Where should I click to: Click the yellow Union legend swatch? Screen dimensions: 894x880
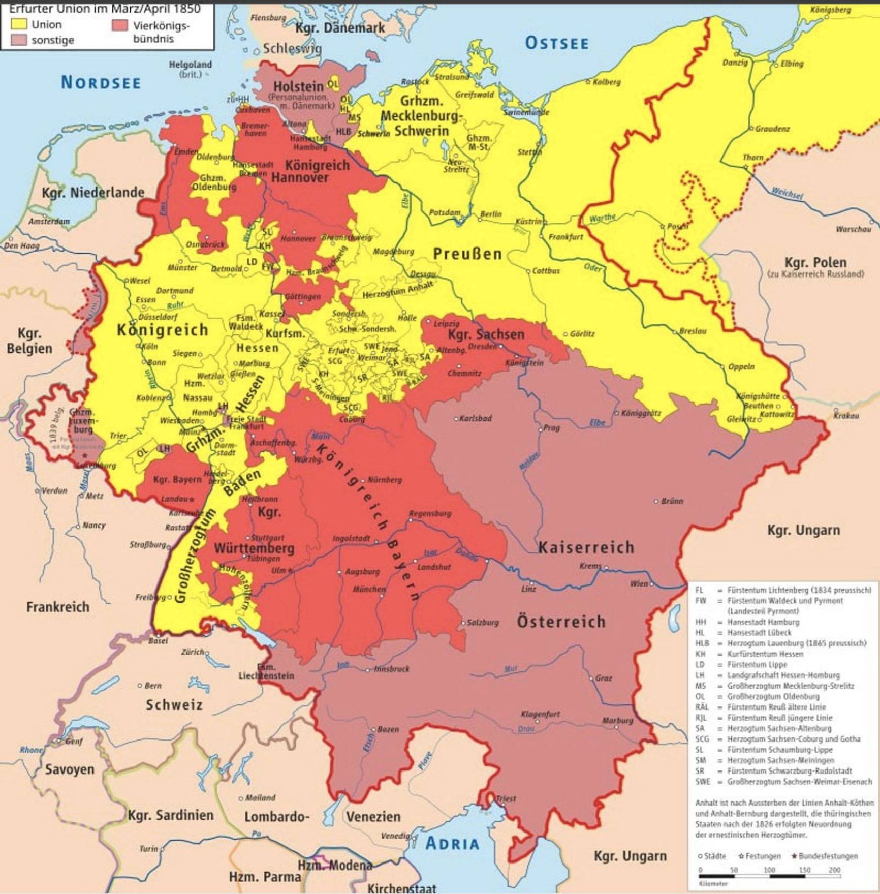point(19,24)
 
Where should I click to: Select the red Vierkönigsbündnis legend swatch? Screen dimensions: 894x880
point(119,25)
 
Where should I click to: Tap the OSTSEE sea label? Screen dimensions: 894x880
point(556,43)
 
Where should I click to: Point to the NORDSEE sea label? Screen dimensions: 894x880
point(101,82)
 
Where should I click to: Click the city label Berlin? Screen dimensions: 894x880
point(491,214)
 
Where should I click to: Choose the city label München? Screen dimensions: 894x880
point(370,589)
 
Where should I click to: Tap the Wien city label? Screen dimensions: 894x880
point(639,583)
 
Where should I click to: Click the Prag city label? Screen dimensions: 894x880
point(551,428)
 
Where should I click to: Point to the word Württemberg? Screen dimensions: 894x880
point(254,548)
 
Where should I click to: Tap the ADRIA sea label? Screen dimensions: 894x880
point(452,843)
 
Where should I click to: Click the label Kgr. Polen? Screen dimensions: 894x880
point(815,263)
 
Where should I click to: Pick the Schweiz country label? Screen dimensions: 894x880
point(174,705)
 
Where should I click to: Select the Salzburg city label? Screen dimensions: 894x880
point(483,622)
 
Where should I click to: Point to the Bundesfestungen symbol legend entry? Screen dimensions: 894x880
point(824,856)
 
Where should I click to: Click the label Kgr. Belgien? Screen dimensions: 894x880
point(29,341)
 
